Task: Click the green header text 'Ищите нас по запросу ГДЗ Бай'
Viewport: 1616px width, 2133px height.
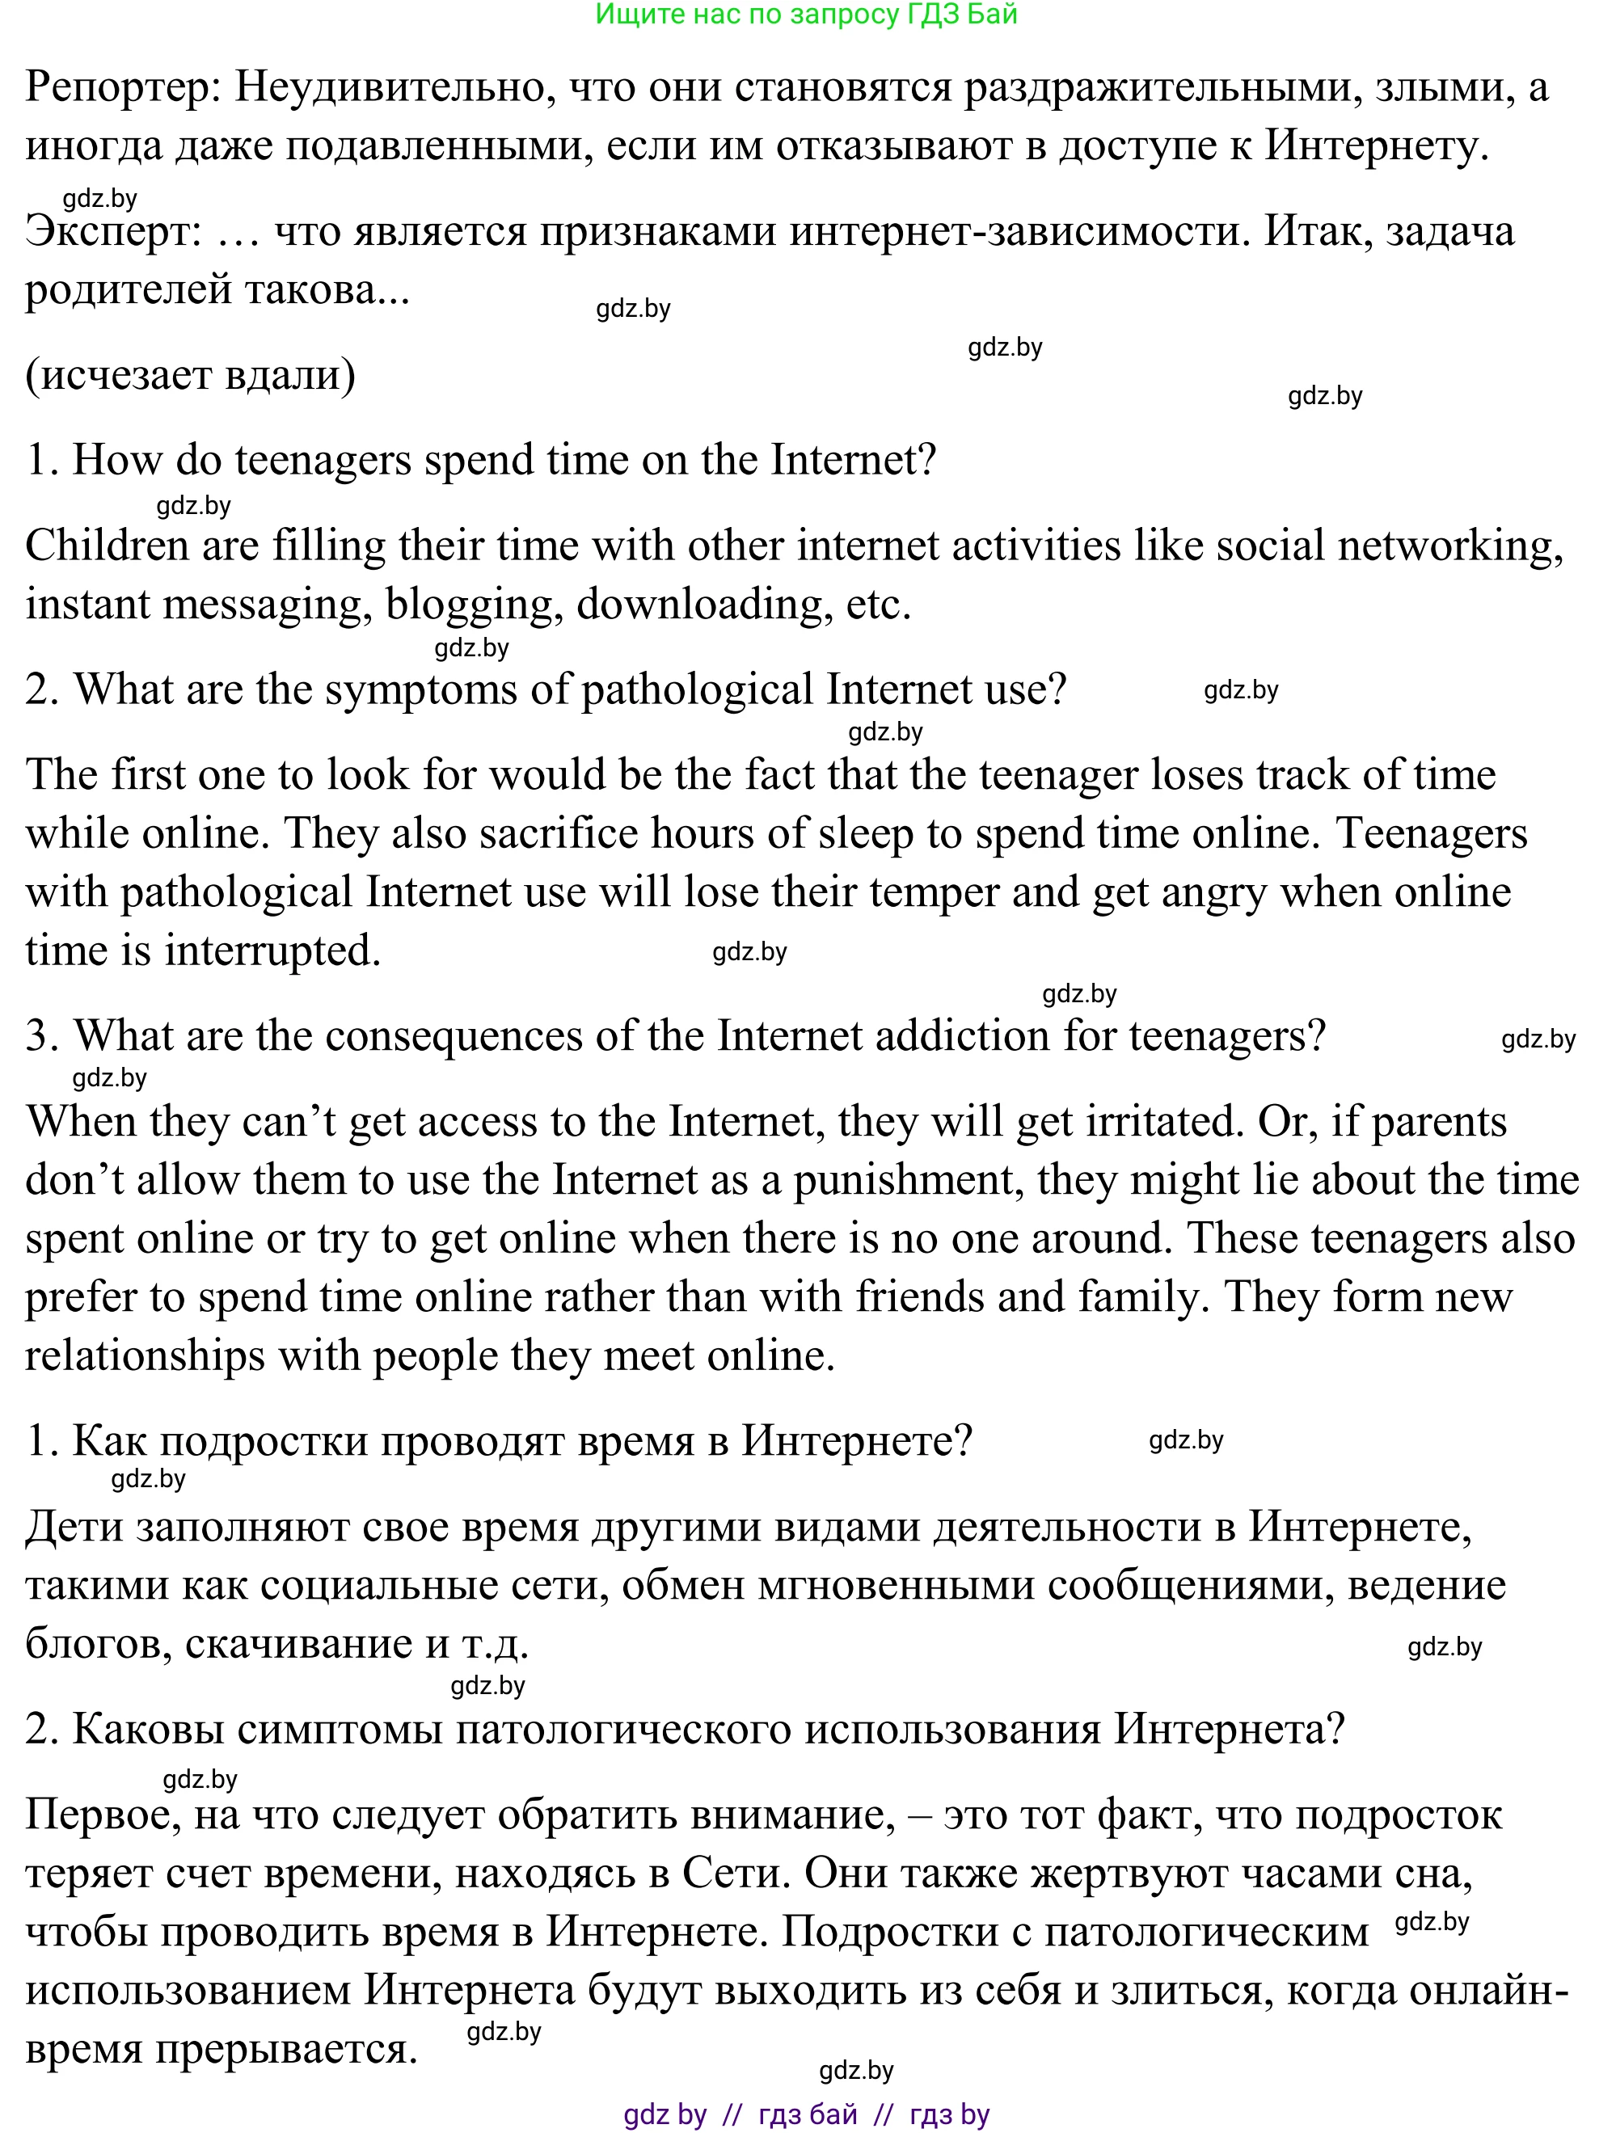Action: (806, 15)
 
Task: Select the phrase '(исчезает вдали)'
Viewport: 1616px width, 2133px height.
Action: (190, 375)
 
